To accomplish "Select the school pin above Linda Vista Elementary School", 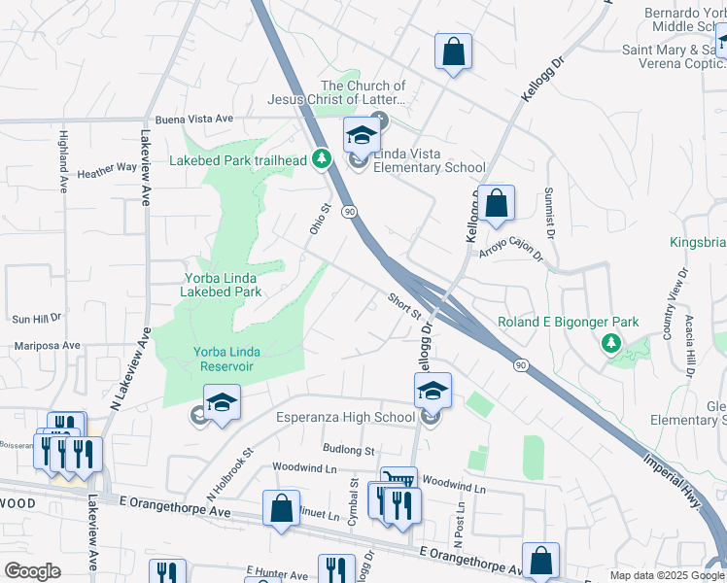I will coord(361,136).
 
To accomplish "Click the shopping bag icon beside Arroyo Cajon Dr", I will coord(496,203).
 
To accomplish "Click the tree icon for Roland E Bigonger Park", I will coord(610,342).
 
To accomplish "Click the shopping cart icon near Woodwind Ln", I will coord(398,479).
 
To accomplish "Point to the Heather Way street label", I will coord(107,168).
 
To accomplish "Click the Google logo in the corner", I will coord(32,570).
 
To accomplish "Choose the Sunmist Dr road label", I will coord(550,213).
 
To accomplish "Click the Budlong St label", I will coord(348,451).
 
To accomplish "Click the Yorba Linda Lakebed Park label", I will coord(223,284).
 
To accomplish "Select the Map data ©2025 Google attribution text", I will coord(667,575).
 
